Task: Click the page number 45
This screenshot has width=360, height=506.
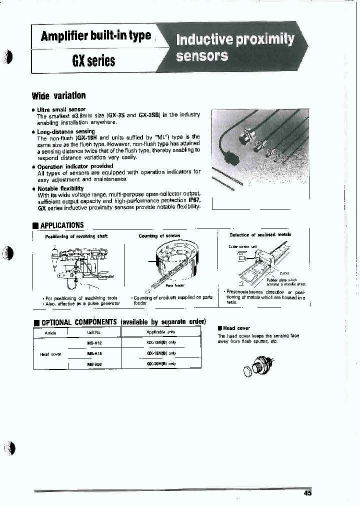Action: click(x=307, y=493)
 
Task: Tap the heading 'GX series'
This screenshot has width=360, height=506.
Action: click(x=94, y=61)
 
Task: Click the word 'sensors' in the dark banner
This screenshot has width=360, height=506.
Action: click(x=202, y=56)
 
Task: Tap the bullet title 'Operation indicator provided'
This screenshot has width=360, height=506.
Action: click(x=75, y=166)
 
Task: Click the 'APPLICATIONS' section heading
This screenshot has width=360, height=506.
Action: click(x=61, y=225)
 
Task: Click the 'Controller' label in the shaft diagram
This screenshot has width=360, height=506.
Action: click(x=106, y=276)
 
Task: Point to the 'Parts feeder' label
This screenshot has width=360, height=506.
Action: click(x=175, y=285)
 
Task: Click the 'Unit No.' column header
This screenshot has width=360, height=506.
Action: click(x=94, y=332)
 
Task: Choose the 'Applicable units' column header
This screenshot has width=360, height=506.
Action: click(x=161, y=332)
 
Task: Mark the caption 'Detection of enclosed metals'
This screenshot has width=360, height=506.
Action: click(x=260, y=235)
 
